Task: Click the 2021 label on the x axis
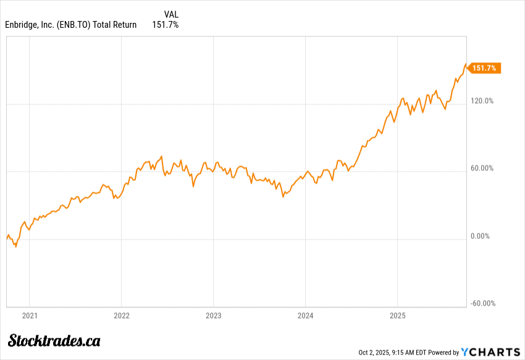tap(30, 316)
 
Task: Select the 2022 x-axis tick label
tap(121, 316)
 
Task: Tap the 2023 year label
tap(213, 316)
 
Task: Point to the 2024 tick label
tap(305, 316)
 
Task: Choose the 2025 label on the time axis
tap(397, 316)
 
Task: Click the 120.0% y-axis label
tap(481, 101)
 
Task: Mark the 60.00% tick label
tap(481, 169)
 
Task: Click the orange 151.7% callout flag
tap(484, 68)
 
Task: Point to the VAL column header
tap(171, 14)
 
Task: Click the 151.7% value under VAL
tap(166, 25)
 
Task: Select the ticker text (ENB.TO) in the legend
tap(72, 25)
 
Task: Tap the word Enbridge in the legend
tap(23, 25)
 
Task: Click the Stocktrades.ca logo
tap(54, 340)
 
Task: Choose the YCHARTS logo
tap(491, 352)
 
